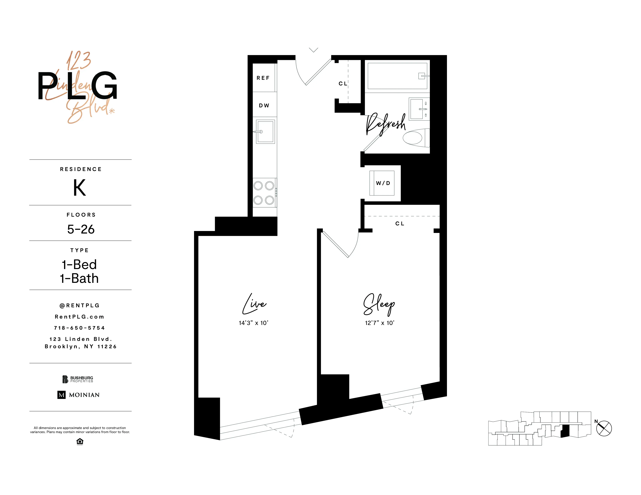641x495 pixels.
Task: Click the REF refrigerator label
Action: tap(263, 78)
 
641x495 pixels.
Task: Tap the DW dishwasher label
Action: tap(264, 106)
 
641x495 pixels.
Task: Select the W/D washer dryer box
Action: tap(382, 183)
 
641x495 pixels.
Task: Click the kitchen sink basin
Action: tap(266, 132)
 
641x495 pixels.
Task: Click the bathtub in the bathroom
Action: tap(397, 76)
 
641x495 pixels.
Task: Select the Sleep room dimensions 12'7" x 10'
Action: tap(380, 323)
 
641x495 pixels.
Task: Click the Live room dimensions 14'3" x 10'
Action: tap(253, 323)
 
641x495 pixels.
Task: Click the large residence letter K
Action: tap(79, 188)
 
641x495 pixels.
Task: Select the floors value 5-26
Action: tap(81, 229)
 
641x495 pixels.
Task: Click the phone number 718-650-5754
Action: tap(79, 328)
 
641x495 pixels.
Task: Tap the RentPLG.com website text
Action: tap(79, 317)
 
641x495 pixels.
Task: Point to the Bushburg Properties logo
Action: tap(78, 379)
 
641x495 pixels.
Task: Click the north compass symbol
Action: tap(604, 428)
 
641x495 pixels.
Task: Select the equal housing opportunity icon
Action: tap(80, 442)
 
